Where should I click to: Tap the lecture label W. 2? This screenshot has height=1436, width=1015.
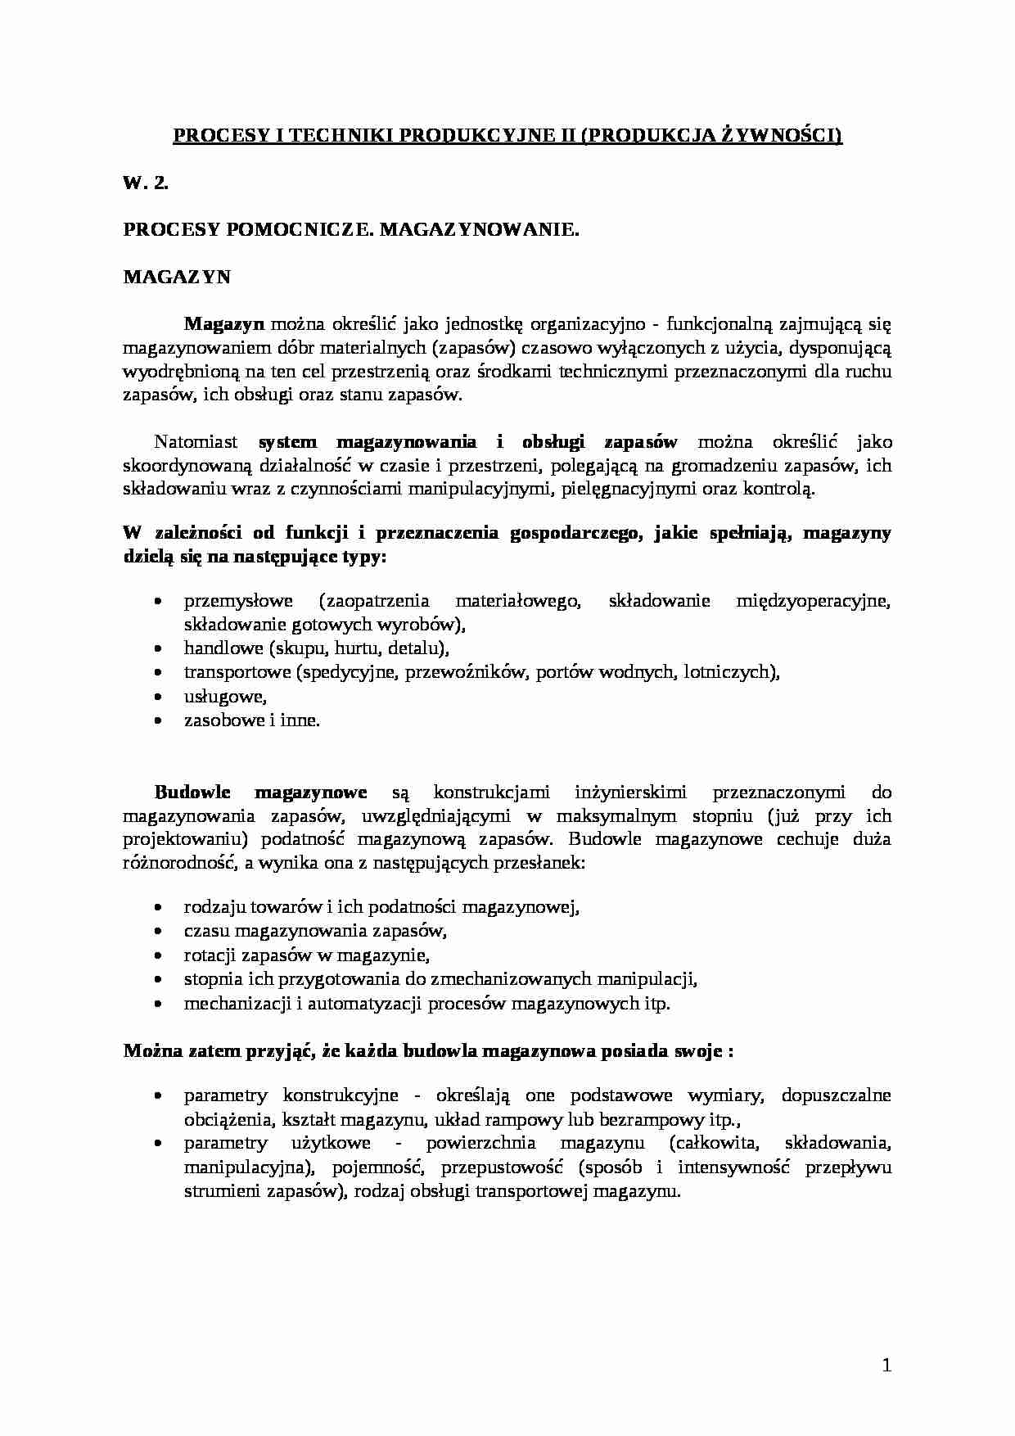pos(146,183)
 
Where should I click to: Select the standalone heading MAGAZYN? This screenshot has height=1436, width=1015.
pos(177,277)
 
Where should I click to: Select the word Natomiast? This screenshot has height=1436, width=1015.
pos(196,442)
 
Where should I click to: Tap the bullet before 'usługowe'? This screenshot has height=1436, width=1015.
pos(158,697)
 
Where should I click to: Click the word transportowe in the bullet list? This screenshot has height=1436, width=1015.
pos(237,672)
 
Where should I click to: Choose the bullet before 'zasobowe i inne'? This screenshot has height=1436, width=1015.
pos(158,720)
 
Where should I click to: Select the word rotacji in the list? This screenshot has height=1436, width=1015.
pos(210,955)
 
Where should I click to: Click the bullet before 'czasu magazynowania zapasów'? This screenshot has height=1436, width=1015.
pos(158,931)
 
